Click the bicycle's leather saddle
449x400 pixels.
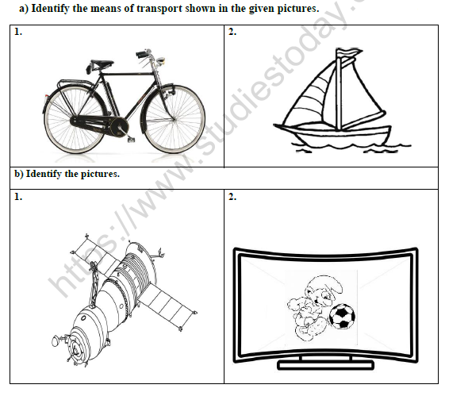(102, 63)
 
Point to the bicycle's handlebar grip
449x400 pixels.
(141, 54)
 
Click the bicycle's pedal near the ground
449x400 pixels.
(131, 140)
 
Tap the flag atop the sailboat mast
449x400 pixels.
(348, 53)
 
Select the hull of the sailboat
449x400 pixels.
(333, 134)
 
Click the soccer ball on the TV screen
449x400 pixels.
(342, 317)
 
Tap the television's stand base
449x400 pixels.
(325, 365)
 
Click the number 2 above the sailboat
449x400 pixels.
(232, 32)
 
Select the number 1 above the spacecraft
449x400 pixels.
(18, 197)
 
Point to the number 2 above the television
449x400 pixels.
(232, 197)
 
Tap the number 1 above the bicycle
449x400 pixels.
(18, 32)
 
